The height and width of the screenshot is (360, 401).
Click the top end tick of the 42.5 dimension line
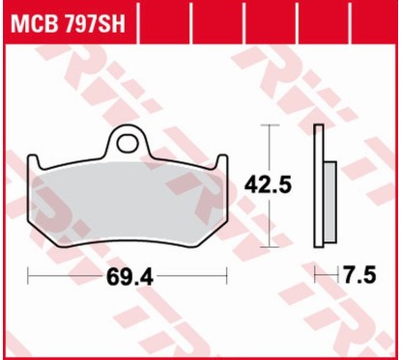click(x=267, y=127)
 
